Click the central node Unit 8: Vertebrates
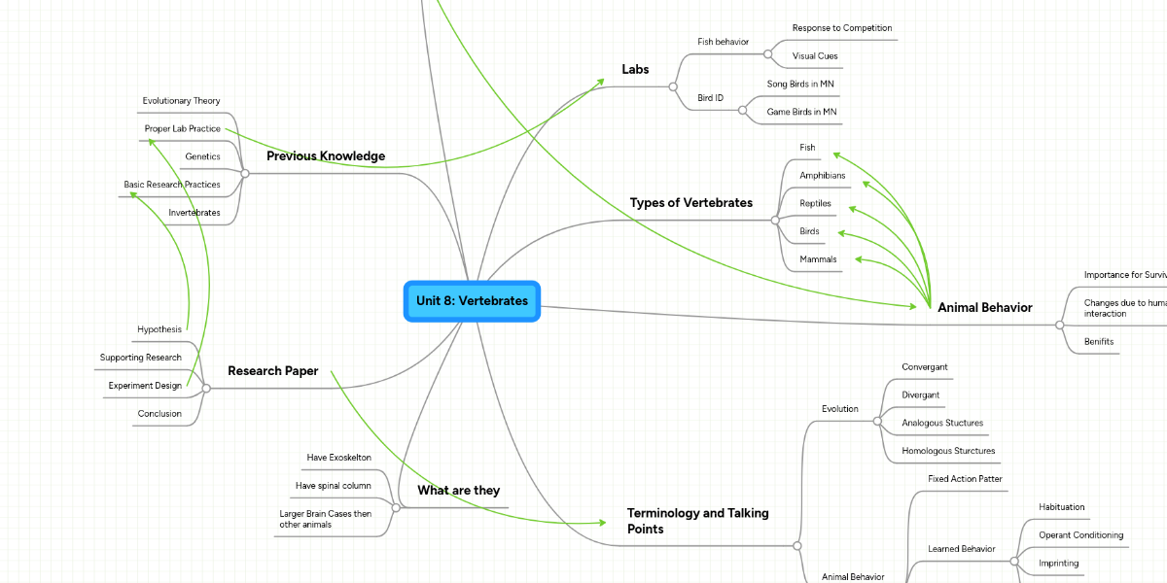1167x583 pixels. [472, 301]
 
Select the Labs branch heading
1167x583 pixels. [635, 69]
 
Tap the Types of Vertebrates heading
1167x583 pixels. [690, 203]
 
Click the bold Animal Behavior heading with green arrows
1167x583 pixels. [984, 308]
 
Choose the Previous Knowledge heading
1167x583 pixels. [325, 156]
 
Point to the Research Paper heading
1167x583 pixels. [272, 371]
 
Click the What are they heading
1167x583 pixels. [458, 491]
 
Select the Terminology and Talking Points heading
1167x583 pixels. [697, 521]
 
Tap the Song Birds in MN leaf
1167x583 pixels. [800, 85]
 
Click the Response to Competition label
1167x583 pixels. [841, 28]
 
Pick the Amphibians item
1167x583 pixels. [822, 176]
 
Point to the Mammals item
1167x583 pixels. [818, 259]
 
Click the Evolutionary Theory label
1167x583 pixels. [181, 101]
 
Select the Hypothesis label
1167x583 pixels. [159, 329]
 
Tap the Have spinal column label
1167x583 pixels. [333, 486]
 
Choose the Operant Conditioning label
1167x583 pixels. [1080, 535]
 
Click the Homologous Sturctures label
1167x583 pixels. [947, 451]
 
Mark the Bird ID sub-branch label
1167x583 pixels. [711, 98]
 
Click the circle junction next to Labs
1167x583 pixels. [673, 87]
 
